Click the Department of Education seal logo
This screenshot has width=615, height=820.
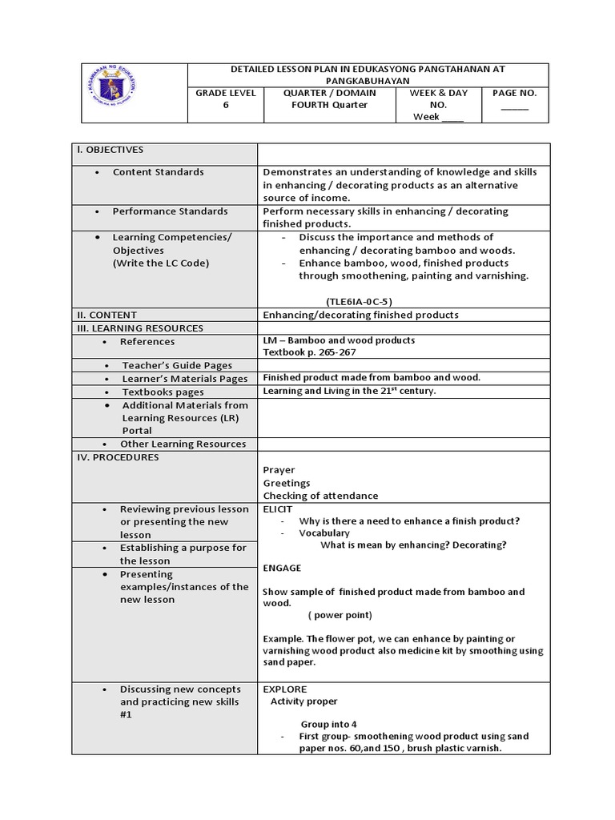(x=123, y=93)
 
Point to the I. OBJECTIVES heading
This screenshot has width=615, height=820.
(x=110, y=150)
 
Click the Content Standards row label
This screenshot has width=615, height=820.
(x=158, y=172)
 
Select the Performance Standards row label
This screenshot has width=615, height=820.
(x=170, y=211)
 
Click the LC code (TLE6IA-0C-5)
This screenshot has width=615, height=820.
(x=359, y=301)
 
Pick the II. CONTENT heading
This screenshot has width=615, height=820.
(x=107, y=315)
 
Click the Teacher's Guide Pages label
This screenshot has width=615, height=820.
(x=177, y=366)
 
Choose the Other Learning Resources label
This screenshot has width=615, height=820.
(x=183, y=444)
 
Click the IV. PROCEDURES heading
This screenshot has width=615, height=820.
(x=117, y=457)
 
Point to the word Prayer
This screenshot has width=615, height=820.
(x=279, y=470)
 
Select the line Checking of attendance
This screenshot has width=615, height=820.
(x=320, y=496)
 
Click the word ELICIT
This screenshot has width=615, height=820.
(x=278, y=508)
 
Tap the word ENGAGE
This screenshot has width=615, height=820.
(x=282, y=568)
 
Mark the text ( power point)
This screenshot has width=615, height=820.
(x=340, y=615)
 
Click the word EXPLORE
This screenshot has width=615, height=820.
(x=284, y=689)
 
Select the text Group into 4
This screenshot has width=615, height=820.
(x=328, y=723)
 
